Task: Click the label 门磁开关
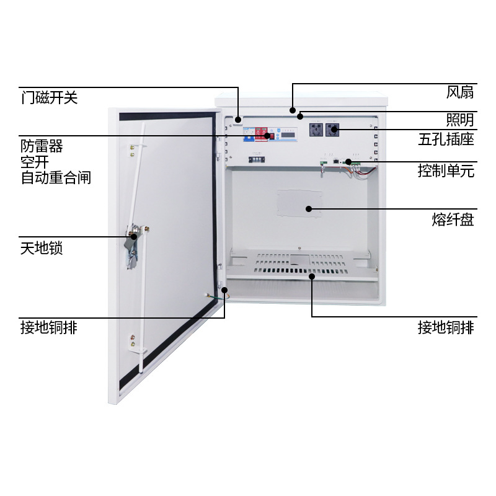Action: tap(49, 98)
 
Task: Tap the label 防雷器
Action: tap(42, 146)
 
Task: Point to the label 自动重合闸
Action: tap(56, 178)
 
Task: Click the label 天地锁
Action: tap(42, 249)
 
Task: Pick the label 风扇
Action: tap(460, 93)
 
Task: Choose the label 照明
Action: tap(460, 120)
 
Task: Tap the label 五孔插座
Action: tap(446, 139)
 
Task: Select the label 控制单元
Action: tap(446, 171)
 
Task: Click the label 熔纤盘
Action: tap(453, 219)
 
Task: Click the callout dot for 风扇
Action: tap(291, 110)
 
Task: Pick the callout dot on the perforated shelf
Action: tap(312, 277)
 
